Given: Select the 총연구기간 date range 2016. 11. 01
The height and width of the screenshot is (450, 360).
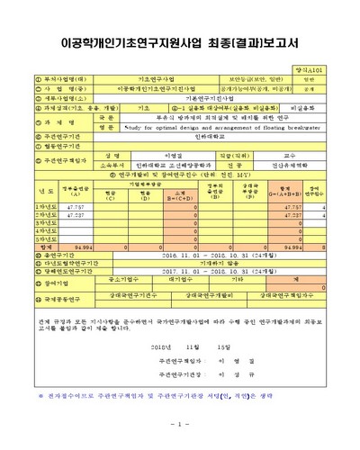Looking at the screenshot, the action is click(x=199, y=255).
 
